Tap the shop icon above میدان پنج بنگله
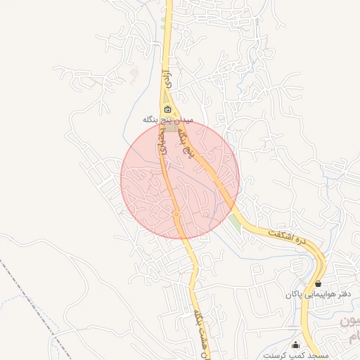tap(167, 110)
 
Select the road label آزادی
tap(166, 77)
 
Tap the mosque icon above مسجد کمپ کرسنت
tap(295, 345)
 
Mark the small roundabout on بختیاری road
tap(177, 214)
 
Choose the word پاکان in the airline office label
tap(293, 293)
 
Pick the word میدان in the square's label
tap(181, 120)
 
